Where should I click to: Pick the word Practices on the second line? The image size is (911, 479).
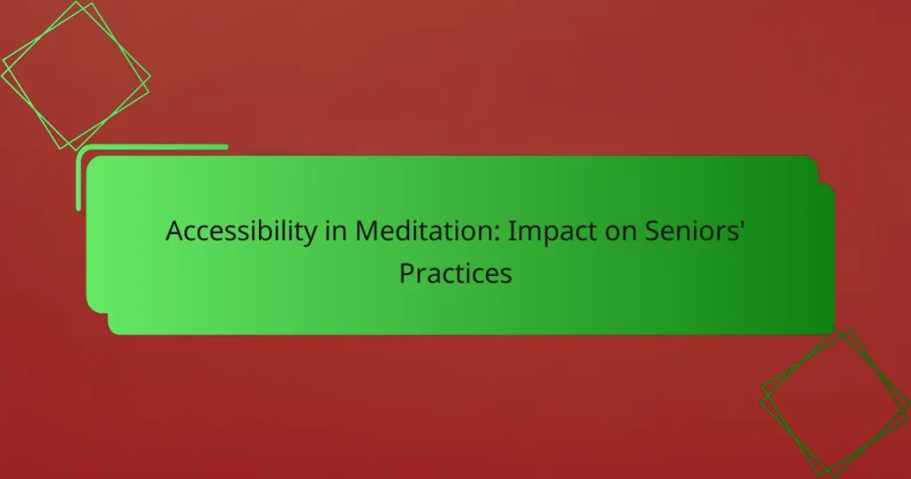[455, 273]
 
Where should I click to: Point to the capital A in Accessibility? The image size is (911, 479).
[174, 231]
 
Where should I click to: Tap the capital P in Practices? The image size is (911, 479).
[406, 273]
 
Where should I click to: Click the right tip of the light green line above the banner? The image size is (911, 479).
[226, 147]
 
